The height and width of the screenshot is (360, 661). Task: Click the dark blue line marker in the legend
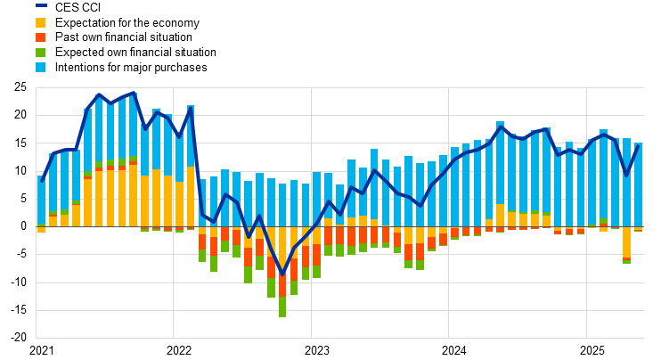click(x=41, y=5)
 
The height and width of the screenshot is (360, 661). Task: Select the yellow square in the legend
click(x=41, y=22)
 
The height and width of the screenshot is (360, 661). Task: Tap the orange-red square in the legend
click(x=41, y=37)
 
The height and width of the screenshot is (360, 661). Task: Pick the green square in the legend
click(x=41, y=53)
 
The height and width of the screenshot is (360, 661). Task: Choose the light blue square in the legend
click(x=41, y=68)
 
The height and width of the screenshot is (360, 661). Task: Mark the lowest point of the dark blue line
click(x=282, y=274)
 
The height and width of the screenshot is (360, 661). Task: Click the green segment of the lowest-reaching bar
click(x=282, y=307)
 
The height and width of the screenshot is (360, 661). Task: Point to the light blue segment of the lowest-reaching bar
click(x=282, y=205)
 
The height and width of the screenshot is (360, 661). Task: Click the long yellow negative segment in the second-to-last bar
click(x=626, y=242)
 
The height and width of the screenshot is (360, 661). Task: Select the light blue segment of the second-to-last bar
click(x=626, y=182)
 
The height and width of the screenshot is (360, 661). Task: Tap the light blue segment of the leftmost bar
click(x=41, y=200)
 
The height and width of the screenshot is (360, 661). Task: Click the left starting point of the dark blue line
click(x=41, y=181)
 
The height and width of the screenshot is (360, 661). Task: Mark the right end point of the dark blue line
click(x=639, y=145)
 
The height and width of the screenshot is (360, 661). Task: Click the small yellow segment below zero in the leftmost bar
click(x=41, y=230)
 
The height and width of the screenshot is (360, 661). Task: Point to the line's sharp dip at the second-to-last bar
click(x=626, y=175)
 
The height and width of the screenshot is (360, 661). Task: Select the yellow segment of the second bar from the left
click(x=53, y=220)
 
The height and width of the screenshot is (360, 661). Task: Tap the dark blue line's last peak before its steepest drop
click(x=190, y=111)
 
